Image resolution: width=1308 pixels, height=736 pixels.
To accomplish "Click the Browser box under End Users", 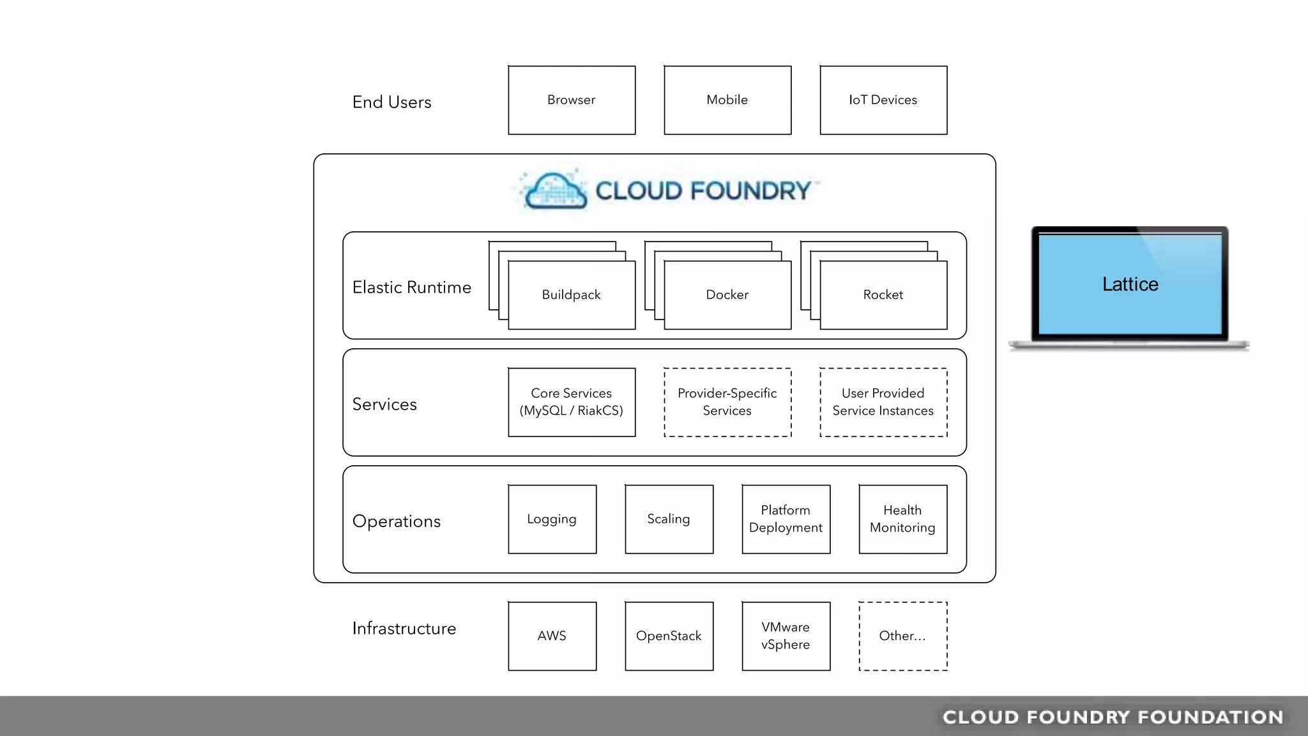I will click(x=572, y=100).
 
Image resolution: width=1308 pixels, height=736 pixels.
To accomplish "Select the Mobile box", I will click(x=727, y=100).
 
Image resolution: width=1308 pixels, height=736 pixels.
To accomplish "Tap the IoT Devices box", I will click(x=883, y=100).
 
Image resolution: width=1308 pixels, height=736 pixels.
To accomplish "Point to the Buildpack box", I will click(x=572, y=295).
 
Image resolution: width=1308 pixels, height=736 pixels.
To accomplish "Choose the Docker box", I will click(x=727, y=295).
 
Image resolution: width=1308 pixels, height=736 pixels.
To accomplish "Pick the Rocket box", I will click(x=883, y=295).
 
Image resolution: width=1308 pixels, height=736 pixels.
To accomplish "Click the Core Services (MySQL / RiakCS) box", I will click(x=572, y=402).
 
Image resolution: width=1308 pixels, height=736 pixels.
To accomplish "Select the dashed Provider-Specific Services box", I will click(x=727, y=402).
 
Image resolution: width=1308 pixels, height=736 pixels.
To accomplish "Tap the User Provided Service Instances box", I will click(x=883, y=402).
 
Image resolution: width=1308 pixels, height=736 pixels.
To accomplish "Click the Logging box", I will click(x=552, y=519).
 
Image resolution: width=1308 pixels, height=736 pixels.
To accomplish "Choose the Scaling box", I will click(x=669, y=519).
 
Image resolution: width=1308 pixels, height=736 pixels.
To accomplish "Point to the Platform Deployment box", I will click(x=786, y=519).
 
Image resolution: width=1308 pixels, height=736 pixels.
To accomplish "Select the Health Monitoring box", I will click(x=902, y=519).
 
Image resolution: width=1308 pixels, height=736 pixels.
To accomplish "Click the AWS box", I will click(x=552, y=636).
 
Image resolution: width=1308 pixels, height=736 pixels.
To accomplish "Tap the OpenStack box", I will click(x=669, y=636).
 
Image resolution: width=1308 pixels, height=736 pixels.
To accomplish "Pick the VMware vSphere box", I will click(x=786, y=636).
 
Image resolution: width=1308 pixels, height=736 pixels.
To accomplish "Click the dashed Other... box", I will click(x=902, y=636).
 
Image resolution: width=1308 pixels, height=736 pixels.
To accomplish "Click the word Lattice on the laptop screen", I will click(x=1130, y=284).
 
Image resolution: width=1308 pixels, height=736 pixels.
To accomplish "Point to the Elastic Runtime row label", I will click(x=412, y=287).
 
